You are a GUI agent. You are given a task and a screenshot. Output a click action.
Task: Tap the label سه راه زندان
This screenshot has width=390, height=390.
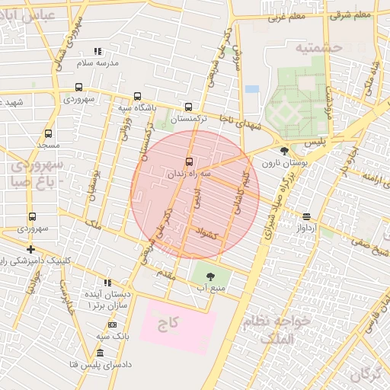pos(189,174)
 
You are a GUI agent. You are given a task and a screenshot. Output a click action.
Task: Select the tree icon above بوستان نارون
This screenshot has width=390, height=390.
pos(284,151)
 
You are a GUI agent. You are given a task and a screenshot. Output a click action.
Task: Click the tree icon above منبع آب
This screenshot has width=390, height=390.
pos(210,277)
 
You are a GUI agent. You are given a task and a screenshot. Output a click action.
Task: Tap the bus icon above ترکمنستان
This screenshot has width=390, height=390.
pos(188,107)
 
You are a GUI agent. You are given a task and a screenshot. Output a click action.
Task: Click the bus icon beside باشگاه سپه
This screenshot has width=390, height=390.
pos(137,97)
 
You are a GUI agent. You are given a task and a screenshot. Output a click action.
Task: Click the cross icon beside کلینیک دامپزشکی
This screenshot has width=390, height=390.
pos(30,249)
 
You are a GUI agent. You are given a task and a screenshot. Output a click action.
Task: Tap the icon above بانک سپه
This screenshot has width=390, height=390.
pos(113,324)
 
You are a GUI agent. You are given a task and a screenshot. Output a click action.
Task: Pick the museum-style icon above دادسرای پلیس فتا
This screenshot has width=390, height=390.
pos(101,353)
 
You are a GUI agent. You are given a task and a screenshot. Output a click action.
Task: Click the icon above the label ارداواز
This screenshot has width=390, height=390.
pos(306,216)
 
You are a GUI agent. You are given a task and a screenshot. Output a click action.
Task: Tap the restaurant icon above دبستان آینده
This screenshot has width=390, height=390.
pos(107,282)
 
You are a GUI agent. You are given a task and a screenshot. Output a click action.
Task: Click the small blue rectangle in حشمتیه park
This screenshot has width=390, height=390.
pos(252,88)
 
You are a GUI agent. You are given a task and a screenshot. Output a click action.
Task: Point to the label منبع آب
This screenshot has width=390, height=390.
pos(211,288)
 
